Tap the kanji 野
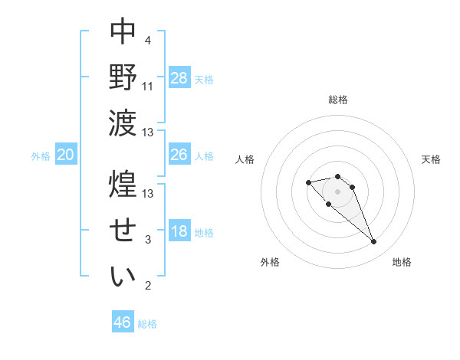click(x=123, y=77)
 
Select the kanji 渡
click(x=123, y=123)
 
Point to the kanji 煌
click(x=123, y=184)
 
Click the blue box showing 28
click(x=179, y=78)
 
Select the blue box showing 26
click(x=179, y=155)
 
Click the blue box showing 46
click(x=123, y=322)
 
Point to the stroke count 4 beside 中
click(x=147, y=40)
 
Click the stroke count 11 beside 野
click(x=148, y=86)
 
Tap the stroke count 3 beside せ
click(x=148, y=240)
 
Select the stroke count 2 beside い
click(x=148, y=286)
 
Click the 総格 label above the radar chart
click(x=338, y=100)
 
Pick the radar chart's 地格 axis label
click(x=402, y=262)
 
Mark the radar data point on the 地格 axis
click(x=373, y=242)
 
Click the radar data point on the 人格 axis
click(x=308, y=182)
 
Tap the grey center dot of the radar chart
click(x=338, y=191)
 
